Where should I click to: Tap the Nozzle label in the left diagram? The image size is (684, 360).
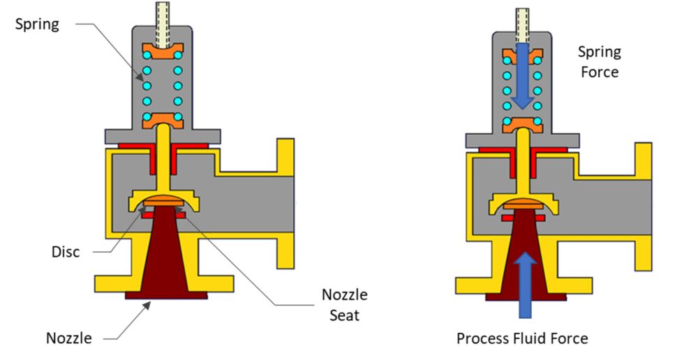(68, 338)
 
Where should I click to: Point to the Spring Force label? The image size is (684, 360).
(600, 61)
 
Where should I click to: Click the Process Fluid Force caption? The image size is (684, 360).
(522, 338)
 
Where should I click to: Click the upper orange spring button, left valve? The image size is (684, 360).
(162, 52)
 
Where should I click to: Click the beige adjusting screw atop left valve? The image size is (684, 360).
(163, 13)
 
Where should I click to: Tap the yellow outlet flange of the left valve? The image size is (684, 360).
(285, 202)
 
